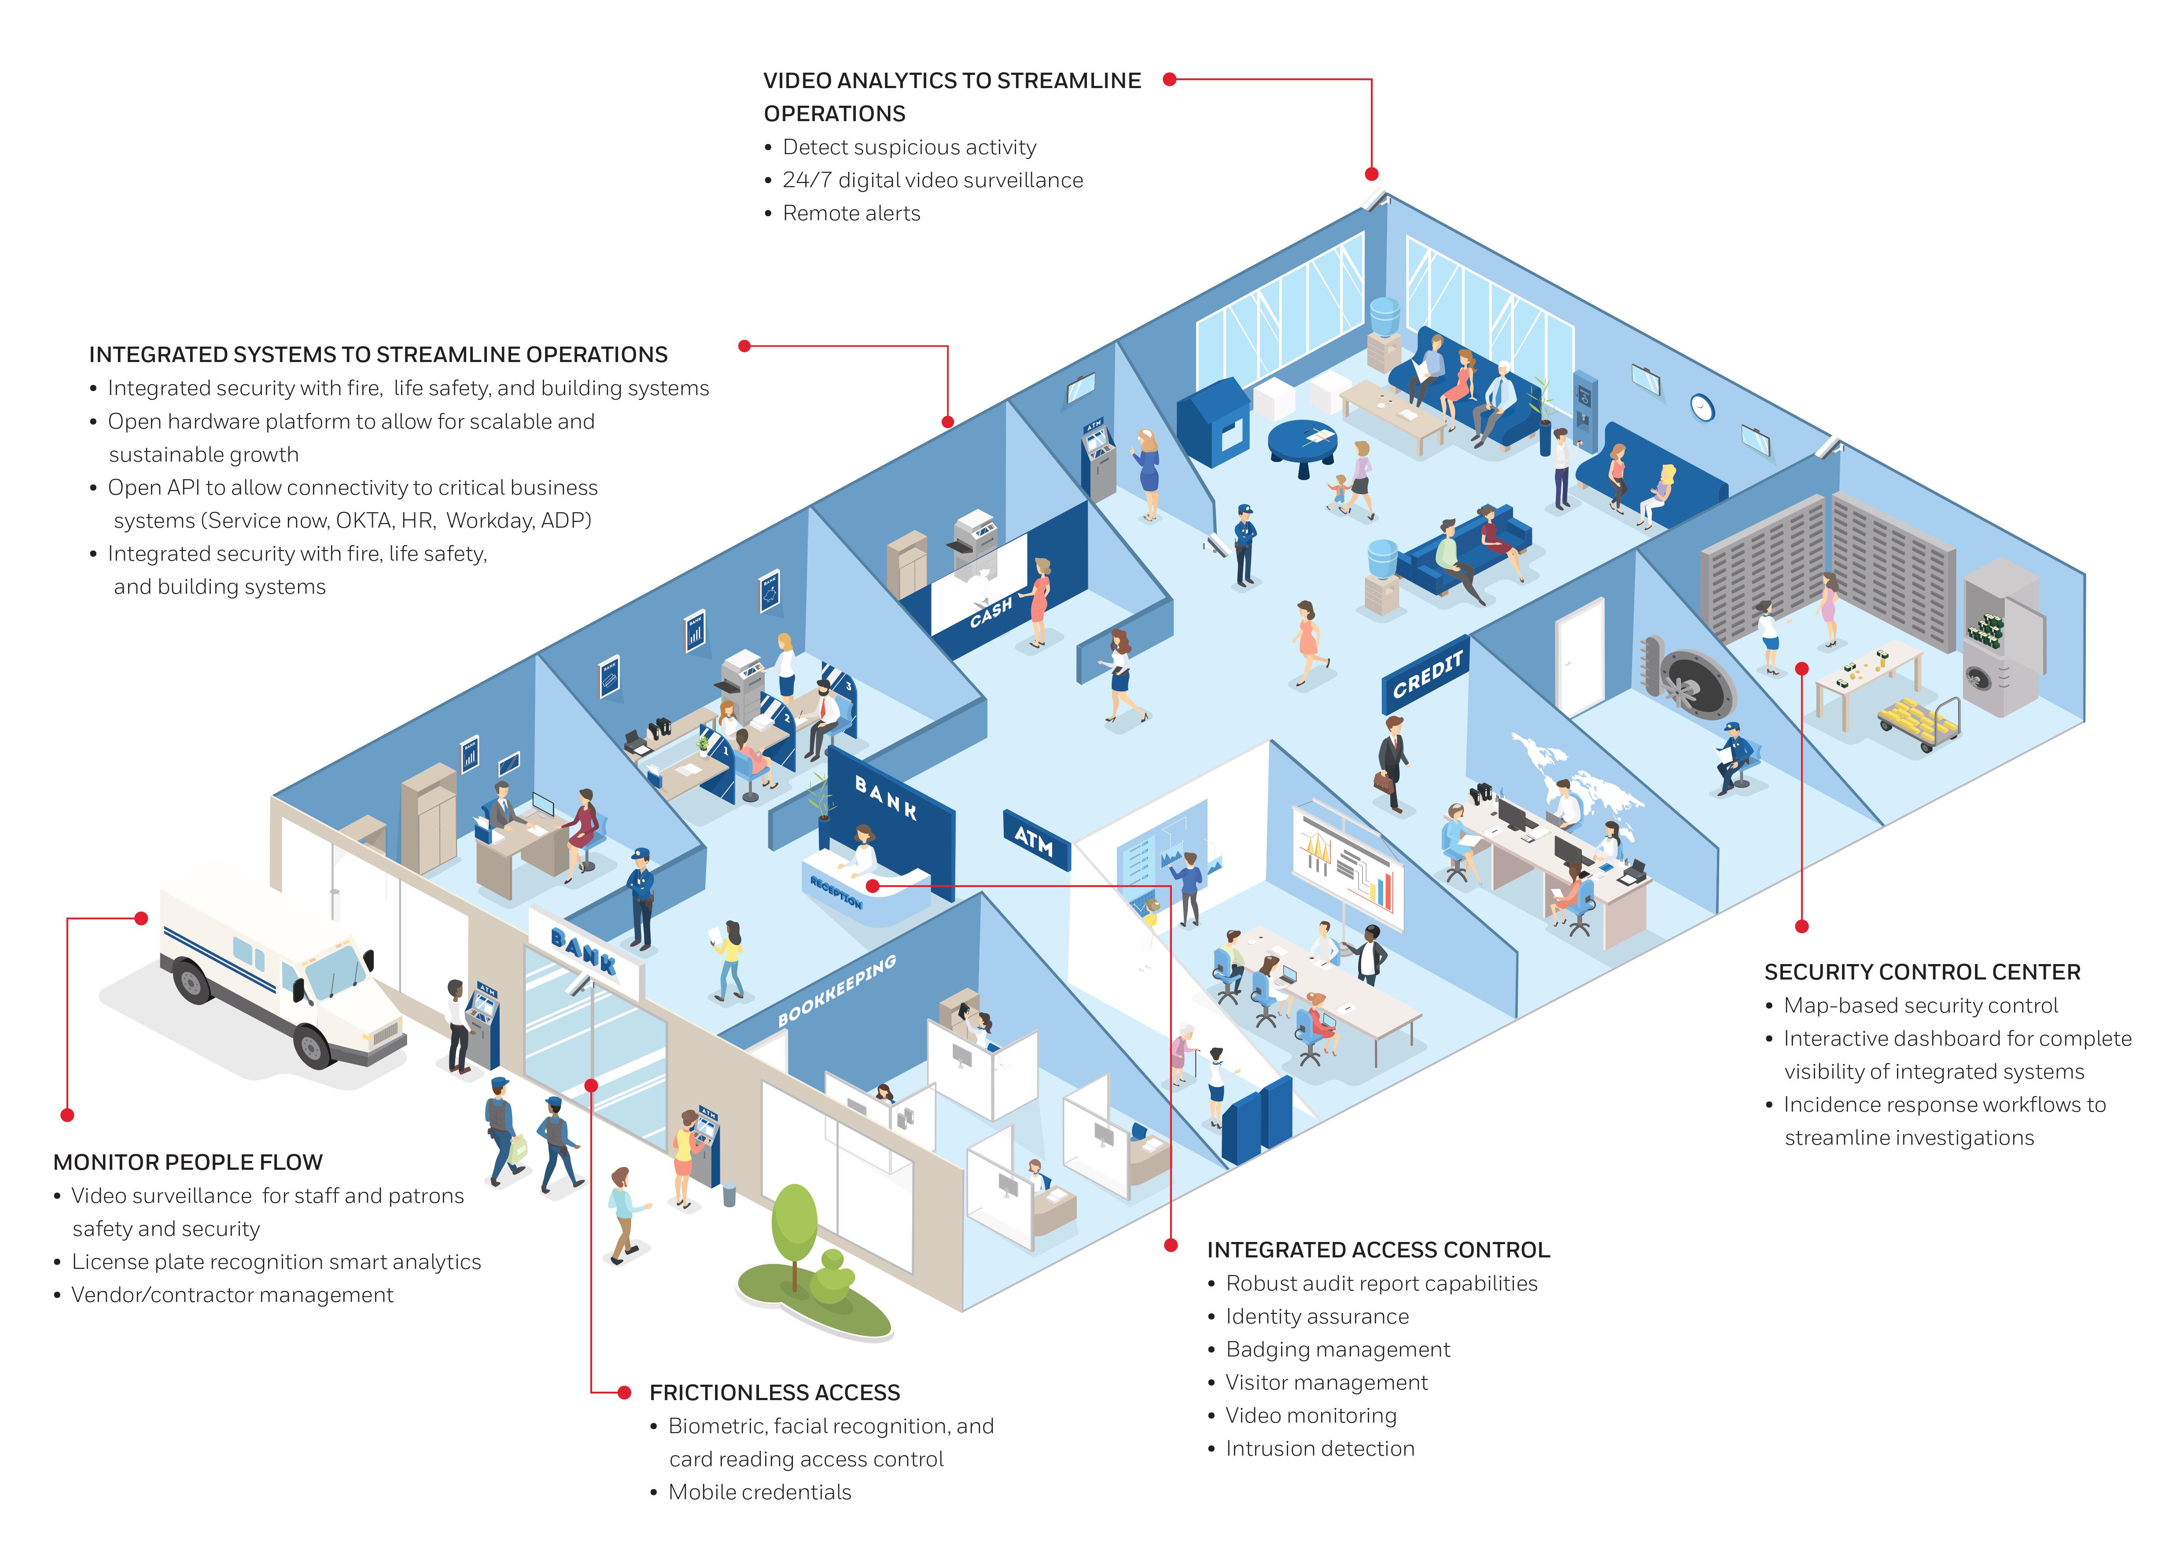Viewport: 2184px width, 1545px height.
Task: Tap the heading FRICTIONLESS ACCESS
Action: pyautogui.click(x=774, y=1393)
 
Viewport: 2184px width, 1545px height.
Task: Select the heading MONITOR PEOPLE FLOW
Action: pyautogui.click(x=188, y=1163)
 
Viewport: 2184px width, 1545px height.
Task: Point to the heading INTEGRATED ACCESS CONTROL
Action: pyautogui.click(x=1378, y=1250)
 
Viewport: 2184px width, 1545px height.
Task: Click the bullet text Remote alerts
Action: pyautogui.click(x=851, y=213)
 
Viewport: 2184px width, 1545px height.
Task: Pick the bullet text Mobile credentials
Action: pyautogui.click(x=759, y=1492)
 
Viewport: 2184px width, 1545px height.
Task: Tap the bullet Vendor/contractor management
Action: pyautogui.click(x=232, y=1295)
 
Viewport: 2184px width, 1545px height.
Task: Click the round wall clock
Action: pyautogui.click(x=1702, y=407)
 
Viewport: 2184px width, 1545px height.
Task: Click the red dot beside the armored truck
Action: pyautogui.click(x=141, y=918)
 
